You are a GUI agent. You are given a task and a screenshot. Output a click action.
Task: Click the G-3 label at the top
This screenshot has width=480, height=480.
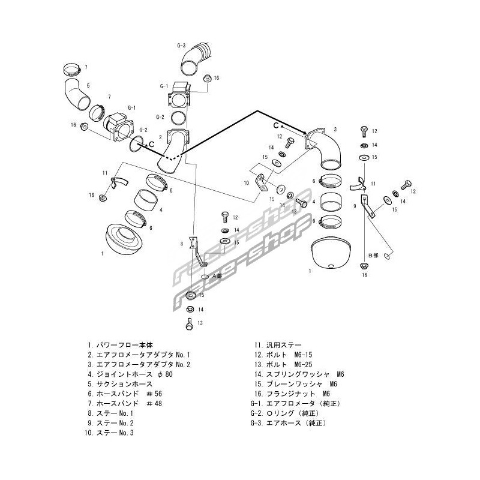181,46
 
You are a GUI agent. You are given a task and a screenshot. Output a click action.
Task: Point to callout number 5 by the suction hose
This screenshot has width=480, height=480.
88,86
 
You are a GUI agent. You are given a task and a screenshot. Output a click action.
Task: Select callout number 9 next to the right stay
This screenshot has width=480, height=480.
355,206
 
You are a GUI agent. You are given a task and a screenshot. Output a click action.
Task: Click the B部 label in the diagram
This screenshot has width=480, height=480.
373,255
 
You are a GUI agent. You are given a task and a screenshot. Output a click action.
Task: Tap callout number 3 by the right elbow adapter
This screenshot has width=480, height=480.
335,130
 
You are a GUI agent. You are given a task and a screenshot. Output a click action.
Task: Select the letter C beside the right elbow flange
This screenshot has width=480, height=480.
276,125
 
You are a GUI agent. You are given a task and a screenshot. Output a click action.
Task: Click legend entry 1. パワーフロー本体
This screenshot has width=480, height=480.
120,345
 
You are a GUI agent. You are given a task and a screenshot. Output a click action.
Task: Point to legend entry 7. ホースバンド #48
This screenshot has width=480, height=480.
124,403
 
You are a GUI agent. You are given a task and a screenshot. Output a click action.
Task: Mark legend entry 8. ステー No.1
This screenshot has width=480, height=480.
110,413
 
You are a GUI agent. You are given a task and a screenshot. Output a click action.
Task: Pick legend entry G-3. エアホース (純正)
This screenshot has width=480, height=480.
289,422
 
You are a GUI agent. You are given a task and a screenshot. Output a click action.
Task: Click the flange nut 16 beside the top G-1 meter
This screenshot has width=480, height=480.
206,77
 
